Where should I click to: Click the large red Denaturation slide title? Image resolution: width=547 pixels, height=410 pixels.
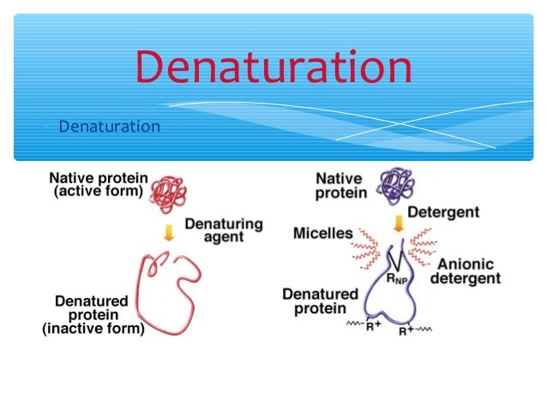click(x=273, y=68)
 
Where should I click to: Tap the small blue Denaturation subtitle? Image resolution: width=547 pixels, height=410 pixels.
click(x=109, y=127)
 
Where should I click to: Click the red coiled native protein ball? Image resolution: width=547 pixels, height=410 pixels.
click(x=170, y=193)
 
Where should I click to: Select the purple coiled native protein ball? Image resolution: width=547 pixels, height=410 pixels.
click(x=395, y=184)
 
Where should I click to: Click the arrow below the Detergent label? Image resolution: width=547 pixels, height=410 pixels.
click(x=398, y=224)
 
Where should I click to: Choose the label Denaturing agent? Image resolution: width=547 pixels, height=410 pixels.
click(x=224, y=230)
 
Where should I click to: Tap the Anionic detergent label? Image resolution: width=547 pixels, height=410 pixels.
click(x=469, y=271)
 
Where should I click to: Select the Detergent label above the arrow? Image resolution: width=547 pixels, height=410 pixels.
click(x=442, y=211)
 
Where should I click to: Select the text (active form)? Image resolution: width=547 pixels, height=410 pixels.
click(x=98, y=192)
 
